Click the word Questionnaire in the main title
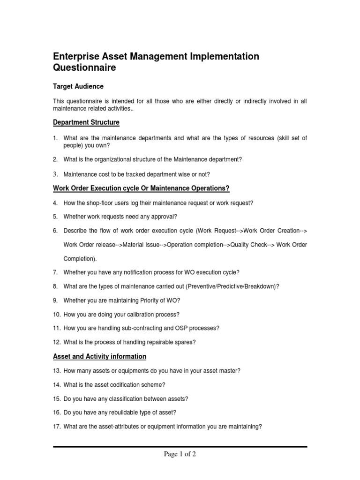pyautogui.click(x=84, y=68)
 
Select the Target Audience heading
pyautogui.click(x=78, y=87)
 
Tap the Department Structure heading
pyautogui.click(x=86, y=123)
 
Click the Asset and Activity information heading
pyautogui.click(x=99, y=357)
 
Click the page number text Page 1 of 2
pyautogui.click(x=180, y=454)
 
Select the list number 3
pyautogui.click(x=55, y=174)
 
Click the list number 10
pyautogui.click(x=56, y=314)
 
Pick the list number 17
pyautogui.click(x=56, y=427)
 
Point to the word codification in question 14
pyautogui.click(x=122, y=384)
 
